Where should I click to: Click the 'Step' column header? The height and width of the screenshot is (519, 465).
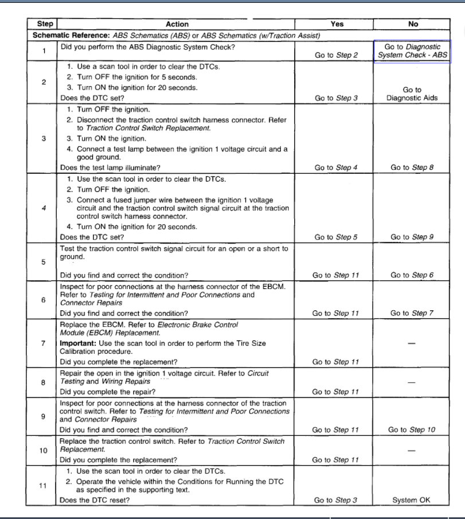(45, 24)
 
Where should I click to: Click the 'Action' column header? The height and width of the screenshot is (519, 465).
(177, 24)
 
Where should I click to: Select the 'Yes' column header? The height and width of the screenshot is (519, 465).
(337, 24)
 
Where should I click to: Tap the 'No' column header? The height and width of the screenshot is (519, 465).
(413, 24)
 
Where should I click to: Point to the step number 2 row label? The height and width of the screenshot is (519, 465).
(44, 81)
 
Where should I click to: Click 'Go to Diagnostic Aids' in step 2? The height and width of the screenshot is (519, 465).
(412, 93)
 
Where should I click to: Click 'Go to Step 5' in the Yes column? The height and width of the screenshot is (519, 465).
(336, 237)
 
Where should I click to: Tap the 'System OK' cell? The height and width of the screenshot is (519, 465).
(411, 500)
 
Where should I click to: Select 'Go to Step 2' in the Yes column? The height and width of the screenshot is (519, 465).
(336, 56)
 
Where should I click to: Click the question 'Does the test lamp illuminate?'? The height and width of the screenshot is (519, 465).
(110, 167)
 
